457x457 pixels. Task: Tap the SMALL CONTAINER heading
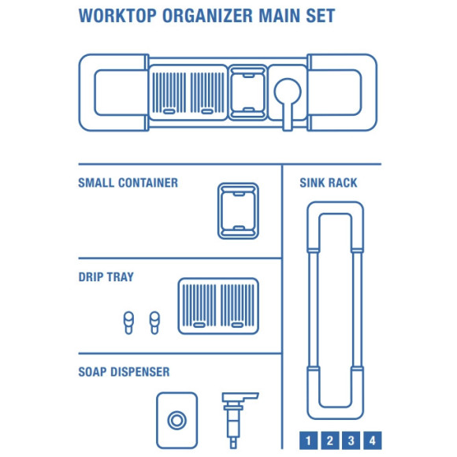pyautogui.click(x=128, y=183)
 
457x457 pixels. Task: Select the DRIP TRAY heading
pyautogui.click(x=106, y=277)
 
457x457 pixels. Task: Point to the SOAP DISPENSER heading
pyautogui.click(x=123, y=372)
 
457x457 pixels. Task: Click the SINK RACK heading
pyautogui.click(x=329, y=183)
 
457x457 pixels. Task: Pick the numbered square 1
pyautogui.click(x=308, y=440)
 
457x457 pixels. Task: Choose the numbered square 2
pyautogui.click(x=329, y=440)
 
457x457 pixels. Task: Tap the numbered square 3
pyautogui.click(x=351, y=440)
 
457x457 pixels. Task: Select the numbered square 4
pyautogui.click(x=372, y=440)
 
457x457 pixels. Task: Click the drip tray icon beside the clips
pyautogui.click(x=218, y=303)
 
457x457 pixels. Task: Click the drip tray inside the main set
pyautogui.click(x=188, y=91)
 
